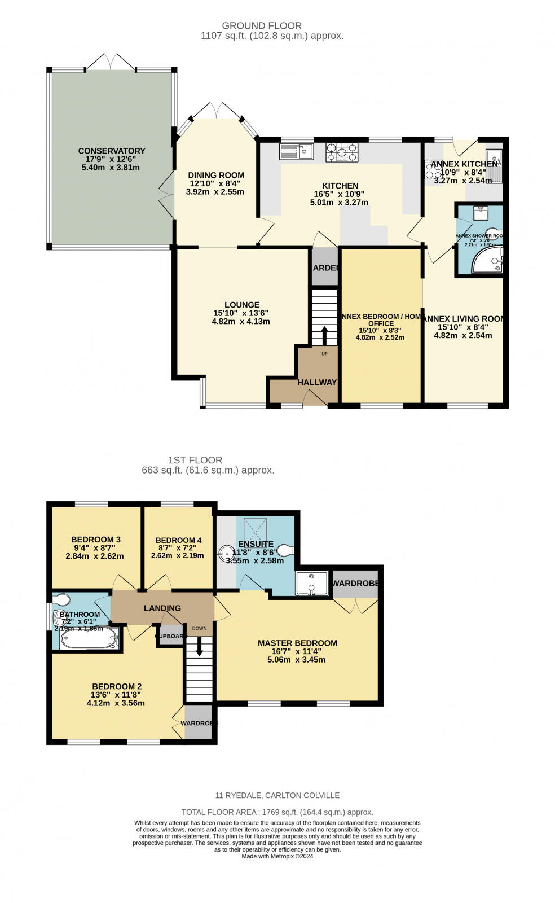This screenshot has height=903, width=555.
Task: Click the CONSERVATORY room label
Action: click(x=111, y=151)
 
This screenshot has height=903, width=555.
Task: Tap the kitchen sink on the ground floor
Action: click(x=296, y=151)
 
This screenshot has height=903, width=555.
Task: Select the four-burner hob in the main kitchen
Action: click(x=341, y=152)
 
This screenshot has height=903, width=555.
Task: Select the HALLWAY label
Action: click(x=317, y=382)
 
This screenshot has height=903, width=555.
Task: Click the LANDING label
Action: click(x=162, y=608)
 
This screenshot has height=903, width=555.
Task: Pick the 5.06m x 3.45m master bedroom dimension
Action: click(x=296, y=659)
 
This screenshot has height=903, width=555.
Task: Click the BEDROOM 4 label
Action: click(x=178, y=540)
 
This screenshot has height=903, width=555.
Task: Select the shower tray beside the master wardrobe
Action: click(x=312, y=584)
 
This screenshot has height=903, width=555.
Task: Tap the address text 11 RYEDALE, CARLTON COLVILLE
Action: click(x=277, y=795)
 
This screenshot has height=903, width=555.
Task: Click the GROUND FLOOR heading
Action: click(x=261, y=25)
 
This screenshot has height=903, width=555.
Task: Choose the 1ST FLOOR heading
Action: click(x=195, y=460)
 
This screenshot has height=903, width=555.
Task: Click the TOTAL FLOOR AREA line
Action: click(x=277, y=812)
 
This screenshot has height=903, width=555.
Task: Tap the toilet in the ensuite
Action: click(x=286, y=549)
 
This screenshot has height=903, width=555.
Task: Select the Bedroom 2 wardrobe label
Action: click(x=199, y=723)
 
